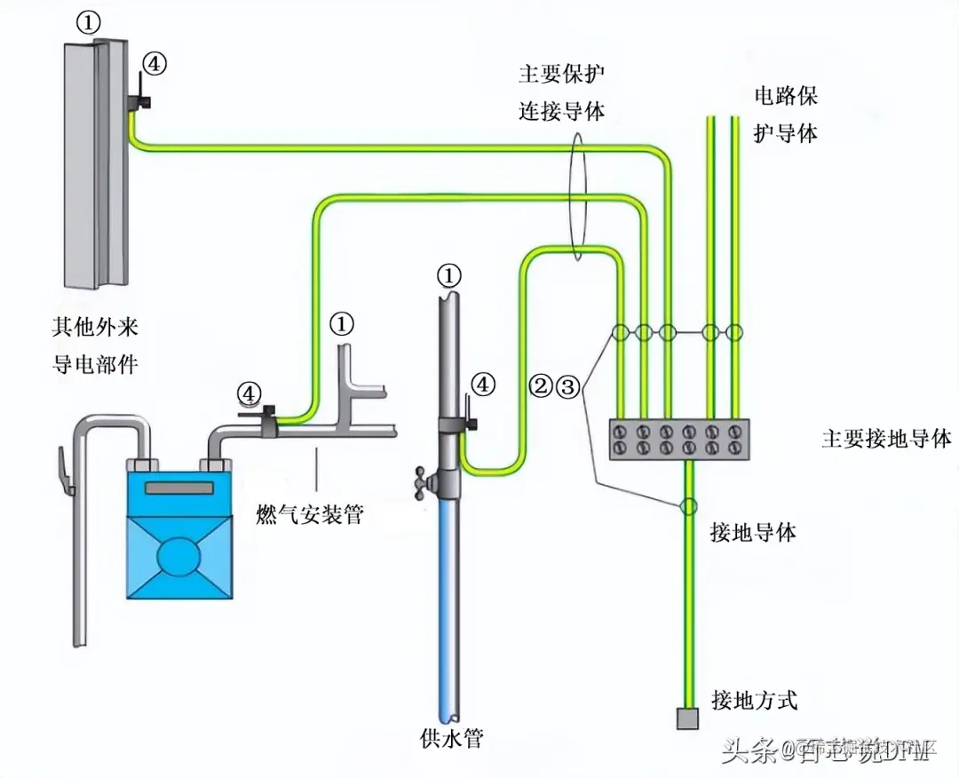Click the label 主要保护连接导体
coord(563,92)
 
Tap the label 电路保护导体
coord(785,114)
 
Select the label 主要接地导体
coord(886,439)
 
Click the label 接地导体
coord(753,532)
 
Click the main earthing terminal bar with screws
coord(678,440)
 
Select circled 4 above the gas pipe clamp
coord(250,392)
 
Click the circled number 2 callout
coord(540,386)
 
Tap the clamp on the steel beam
coord(137,100)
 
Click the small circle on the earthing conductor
coord(687,506)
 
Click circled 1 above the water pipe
coord(450,275)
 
